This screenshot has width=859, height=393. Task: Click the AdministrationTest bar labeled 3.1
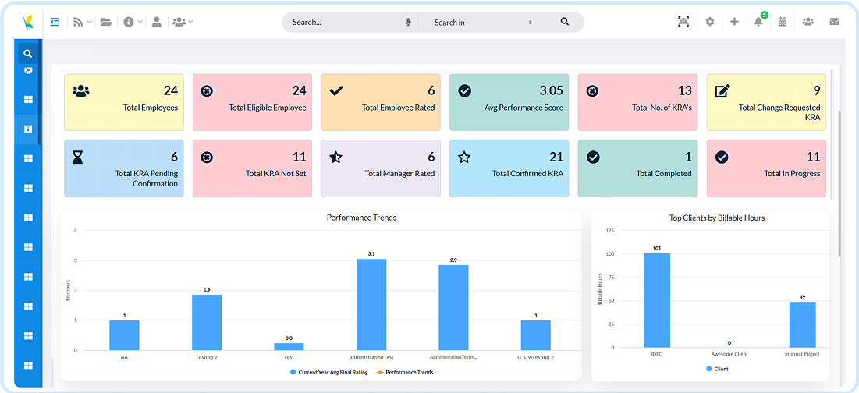click(x=371, y=304)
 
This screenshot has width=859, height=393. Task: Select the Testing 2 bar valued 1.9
click(x=207, y=322)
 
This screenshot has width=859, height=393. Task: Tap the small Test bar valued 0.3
click(x=289, y=346)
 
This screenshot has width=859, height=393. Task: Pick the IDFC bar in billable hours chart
click(x=657, y=300)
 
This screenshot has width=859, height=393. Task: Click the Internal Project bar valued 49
click(x=803, y=324)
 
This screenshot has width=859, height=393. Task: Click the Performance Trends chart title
click(x=361, y=218)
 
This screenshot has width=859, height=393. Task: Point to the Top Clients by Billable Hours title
click(x=716, y=218)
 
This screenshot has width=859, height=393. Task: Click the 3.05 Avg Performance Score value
click(x=548, y=90)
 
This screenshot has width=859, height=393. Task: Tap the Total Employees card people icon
click(x=80, y=91)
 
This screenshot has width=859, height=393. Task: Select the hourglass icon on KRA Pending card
click(x=77, y=158)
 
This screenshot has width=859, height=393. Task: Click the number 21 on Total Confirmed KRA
click(x=556, y=157)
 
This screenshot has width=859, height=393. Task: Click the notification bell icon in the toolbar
click(x=758, y=22)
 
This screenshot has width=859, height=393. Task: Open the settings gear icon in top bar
click(x=710, y=22)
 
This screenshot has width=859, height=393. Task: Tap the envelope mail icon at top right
click(x=834, y=22)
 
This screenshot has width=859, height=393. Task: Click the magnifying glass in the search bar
click(x=565, y=22)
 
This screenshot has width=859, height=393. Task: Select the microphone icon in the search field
click(x=408, y=23)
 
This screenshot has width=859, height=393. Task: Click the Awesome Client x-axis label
click(x=729, y=354)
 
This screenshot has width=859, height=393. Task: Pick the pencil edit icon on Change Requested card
click(x=722, y=91)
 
